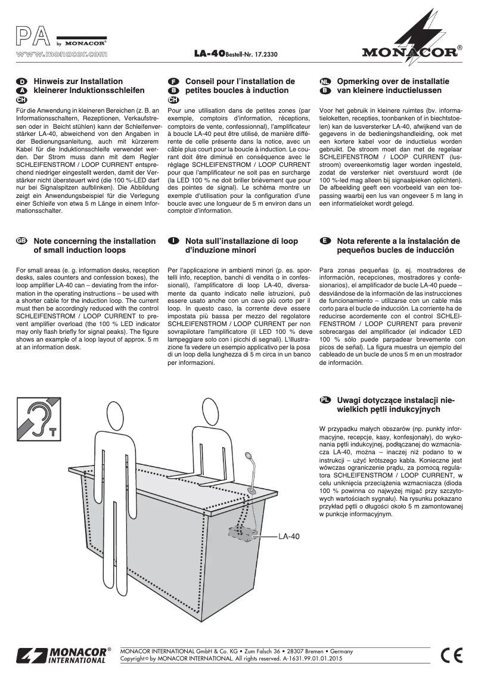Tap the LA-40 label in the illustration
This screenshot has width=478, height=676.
[x=288, y=536]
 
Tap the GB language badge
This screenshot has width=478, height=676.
[x=21, y=241]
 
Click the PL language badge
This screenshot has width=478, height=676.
[x=325, y=401]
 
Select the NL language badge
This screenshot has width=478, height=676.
[x=325, y=81]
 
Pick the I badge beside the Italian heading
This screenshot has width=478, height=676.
[x=173, y=241]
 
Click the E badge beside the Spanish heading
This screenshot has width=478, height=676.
[x=325, y=241]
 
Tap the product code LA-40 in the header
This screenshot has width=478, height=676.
[x=209, y=54]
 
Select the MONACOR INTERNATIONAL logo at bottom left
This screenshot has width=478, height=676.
[x=62, y=655]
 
